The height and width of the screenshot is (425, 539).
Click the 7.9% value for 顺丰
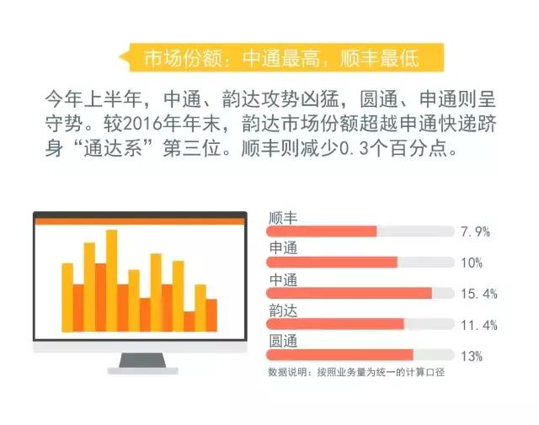(x=475, y=232)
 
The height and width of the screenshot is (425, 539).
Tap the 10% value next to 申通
(x=472, y=263)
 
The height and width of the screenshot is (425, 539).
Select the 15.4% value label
(x=479, y=294)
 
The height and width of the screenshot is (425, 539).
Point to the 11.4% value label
(x=479, y=325)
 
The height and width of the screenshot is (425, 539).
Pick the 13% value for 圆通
(x=472, y=356)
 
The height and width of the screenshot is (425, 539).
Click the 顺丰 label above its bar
(x=283, y=218)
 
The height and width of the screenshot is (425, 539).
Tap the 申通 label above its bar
(x=283, y=247)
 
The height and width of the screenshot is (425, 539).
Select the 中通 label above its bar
(x=283, y=279)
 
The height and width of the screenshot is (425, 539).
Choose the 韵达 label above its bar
(x=283, y=311)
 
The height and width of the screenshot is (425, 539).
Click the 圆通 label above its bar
(x=283, y=341)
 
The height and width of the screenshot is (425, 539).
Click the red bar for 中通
(x=349, y=293)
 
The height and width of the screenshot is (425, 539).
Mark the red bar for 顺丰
(x=322, y=231)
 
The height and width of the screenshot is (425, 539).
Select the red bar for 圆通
(x=339, y=355)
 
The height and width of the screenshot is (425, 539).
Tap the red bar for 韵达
(x=335, y=324)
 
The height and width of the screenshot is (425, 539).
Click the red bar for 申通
(x=332, y=262)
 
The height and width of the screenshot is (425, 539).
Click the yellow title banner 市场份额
(x=282, y=57)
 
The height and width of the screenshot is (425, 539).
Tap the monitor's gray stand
(x=142, y=363)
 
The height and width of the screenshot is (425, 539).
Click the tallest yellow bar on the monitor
(x=112, y=280)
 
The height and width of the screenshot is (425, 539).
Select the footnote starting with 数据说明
(x=356, y=372)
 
